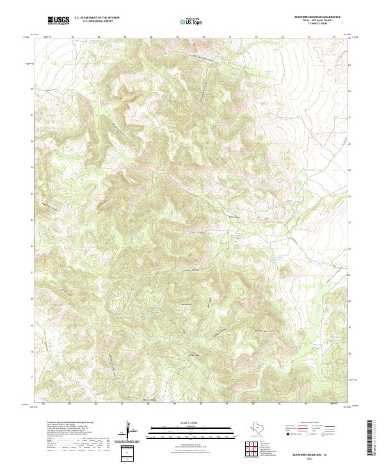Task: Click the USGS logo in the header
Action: tap(58, 20)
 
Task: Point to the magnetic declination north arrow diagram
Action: tap(131, 433)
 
